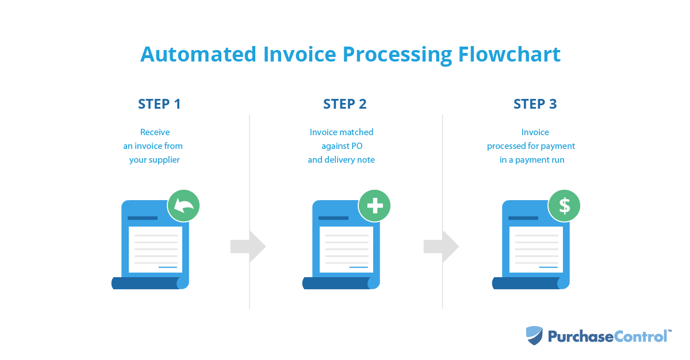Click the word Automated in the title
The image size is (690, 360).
[x=198, y=54]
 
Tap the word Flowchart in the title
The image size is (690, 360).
[x=509, y=54]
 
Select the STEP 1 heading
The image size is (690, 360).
[x=159, y=104]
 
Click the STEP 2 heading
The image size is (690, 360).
[x=344, y=104]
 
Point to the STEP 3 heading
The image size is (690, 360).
[x=535, y=104]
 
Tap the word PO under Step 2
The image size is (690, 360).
[x=356, y=146]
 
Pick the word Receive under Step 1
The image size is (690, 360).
[x=155, y=132]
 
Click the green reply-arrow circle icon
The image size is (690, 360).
[x=183, y=205]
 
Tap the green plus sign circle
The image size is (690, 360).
[x=374, y=205]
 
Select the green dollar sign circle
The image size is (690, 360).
[x=564, y=205]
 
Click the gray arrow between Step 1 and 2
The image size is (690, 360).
[x=248, y=246]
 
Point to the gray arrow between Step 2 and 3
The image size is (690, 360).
[x=442, y=246]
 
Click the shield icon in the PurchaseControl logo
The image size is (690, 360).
[x=534, y=335]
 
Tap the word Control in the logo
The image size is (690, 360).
[x=640, y=336]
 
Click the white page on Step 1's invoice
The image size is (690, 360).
[x=155, y=250]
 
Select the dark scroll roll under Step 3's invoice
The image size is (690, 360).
[x=527, y=283]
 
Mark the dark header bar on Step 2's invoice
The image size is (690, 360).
[x=333, y=218]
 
